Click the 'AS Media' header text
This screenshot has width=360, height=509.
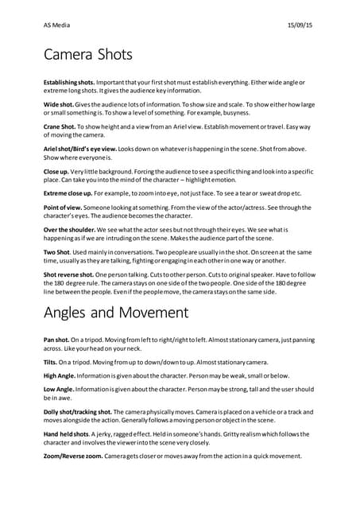click(x=56, y=25)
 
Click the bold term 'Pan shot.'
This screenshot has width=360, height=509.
click(x=57, y=340)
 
